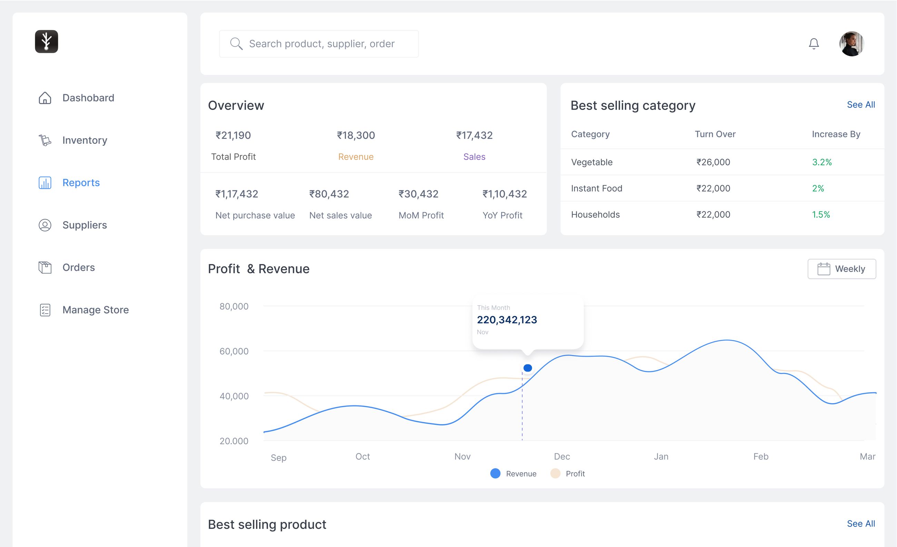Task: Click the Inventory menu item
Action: (84, 140)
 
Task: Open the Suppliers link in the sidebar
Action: (84, 225)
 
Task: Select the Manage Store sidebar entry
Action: (95, 310)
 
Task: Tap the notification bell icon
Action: (814, 44)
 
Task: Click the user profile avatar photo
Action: (851, 44)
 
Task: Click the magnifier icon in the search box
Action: (236, 44)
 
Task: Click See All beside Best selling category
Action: (860, 105)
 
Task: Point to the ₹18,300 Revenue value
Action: (356, 135)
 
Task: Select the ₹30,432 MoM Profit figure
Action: (418, 194)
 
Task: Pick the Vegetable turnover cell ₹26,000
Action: (713, 162)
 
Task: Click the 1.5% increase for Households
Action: (821, 215)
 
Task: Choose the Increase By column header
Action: (836, 134)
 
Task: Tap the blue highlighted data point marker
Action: (528, 368)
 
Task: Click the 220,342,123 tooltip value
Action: (507, 320)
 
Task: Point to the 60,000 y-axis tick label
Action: (234, 351)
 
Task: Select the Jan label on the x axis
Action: (661, 456)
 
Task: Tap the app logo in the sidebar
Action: (46, 41)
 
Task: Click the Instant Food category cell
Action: (596, 189)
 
